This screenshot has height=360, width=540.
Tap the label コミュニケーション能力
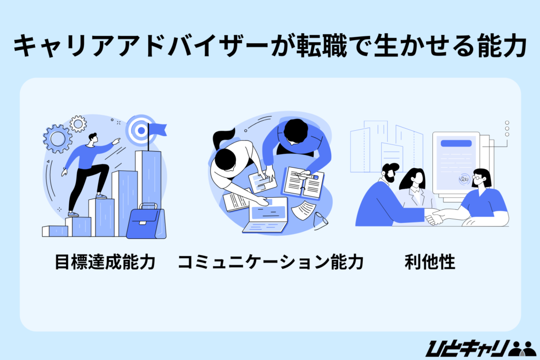[271, 262]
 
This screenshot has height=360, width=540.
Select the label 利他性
[430, 262]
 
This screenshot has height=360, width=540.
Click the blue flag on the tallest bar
[158, 129]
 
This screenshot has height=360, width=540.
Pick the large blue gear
[57, 139]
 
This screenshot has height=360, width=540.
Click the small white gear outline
[78, 124]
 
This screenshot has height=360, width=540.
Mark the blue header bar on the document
[456, 143]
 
